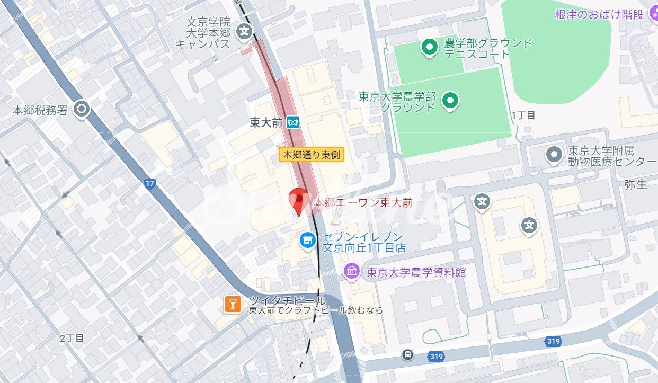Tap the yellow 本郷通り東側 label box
(x=312, y=155)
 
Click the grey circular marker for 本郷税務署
(x=82, y=110)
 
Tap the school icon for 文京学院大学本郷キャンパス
(x=244, y=31)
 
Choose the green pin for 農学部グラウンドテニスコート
(x=429, y=47)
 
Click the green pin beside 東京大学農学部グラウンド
(x=450, y=99)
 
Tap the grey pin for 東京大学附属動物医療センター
(x=554, y=155)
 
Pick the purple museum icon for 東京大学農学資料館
(x=352, y=272)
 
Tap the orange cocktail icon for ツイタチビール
(x=232, y=304)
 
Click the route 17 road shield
(x=150, y=183)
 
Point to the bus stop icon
(x=407, y=354)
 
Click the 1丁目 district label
(x=523, y=115)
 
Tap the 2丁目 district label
(x=72, y=337)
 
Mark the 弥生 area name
(x=636, y=184)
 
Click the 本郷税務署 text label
(x=40, y=110)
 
